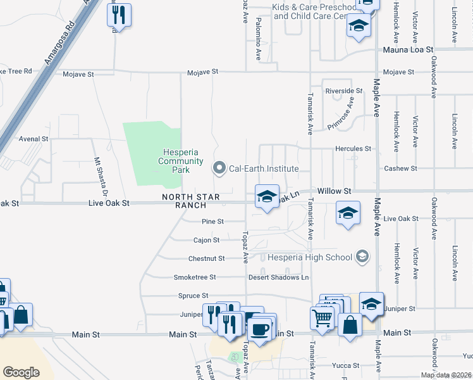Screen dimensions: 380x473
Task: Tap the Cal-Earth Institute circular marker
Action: (x=219, y=168)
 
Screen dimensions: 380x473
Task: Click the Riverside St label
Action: (x=343, y=91)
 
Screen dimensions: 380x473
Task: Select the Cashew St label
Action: (x=401, y=168)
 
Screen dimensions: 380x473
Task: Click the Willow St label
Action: (x=334, y=191)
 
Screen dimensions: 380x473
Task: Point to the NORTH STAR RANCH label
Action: (x=191, y=201)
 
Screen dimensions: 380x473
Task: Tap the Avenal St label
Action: (x=34, y=139)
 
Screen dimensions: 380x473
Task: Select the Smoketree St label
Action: (x=195, y=277)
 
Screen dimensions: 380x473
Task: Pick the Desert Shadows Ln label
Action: (x=278, y=277)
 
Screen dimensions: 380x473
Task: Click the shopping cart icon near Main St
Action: (x=322, y=316)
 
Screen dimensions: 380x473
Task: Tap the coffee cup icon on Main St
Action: (x=260, y=329)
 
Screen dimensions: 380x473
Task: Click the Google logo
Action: (x=21, y=372)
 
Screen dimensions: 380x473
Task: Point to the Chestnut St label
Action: (x=206, y=258)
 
